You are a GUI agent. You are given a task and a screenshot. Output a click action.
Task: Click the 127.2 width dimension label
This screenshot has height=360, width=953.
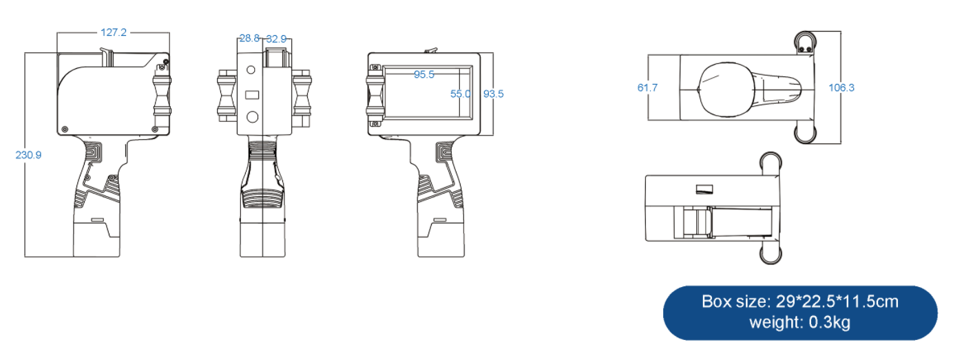click(x=114, y=32)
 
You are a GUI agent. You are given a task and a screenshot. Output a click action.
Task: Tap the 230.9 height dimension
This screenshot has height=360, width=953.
click(x=28, y=155)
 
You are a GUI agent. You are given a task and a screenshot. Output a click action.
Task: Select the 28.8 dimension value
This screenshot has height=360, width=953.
click(x=249, y=39)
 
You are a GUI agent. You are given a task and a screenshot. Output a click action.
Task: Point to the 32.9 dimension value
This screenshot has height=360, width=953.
click(x=277, y=39)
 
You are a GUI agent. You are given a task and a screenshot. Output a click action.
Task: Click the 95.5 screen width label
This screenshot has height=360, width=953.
click(x=424, y=74)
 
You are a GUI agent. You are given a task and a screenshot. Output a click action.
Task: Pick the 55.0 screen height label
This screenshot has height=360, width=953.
click(x=461, y=94)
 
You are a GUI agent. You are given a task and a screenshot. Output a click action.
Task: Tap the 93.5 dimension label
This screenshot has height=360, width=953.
click(x=494, y=94)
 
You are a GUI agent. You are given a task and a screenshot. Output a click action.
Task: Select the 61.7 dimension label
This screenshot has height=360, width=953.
click(x=647, y=87)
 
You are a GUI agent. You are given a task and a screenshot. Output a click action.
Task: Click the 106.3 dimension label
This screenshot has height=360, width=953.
click(x=841, y=87)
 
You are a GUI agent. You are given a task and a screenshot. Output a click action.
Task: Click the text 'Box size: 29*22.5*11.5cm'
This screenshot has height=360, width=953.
click(x=800, y=301)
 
